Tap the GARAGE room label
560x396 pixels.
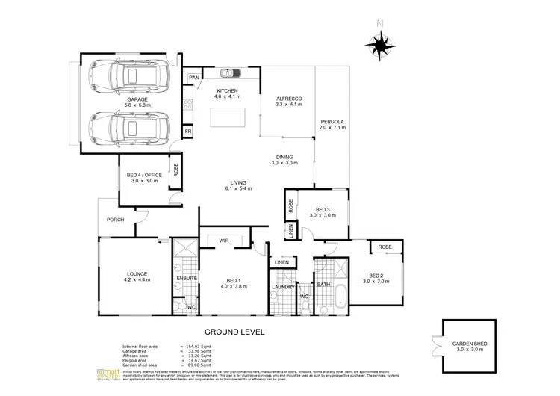(137, 99)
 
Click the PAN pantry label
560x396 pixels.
(194, 78)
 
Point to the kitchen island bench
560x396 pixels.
(229, 118)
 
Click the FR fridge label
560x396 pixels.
(189, 130)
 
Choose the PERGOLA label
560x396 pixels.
(332, 121)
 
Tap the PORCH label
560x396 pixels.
(115, 220)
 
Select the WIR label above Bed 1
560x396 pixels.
(223, 240)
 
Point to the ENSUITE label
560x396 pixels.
(187, 278)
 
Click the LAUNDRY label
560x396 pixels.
(283, 287)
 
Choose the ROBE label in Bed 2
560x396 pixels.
(385, 247)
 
